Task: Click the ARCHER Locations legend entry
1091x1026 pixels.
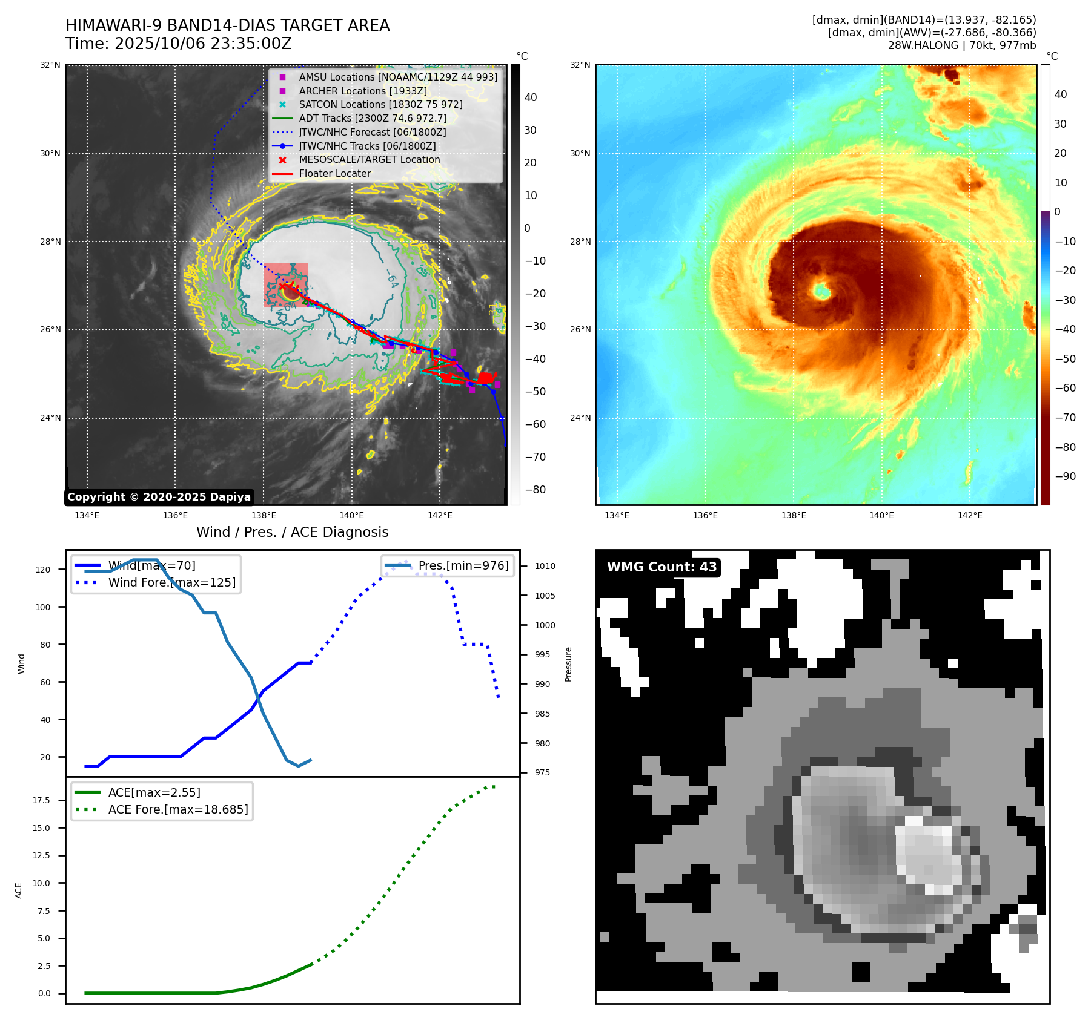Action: (362, 91)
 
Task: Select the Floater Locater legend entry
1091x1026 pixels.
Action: (334, 173)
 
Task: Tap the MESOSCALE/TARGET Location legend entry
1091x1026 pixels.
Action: (369, 159)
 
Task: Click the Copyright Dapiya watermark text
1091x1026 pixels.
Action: (159, 497)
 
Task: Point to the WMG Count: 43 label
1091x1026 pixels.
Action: (662, 567)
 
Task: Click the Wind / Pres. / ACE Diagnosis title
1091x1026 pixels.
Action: (292, 532)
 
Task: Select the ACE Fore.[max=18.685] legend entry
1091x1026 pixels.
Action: (177, 809)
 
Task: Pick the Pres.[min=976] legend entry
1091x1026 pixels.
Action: (463, 565)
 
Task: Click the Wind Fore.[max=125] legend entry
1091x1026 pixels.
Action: (171, 582)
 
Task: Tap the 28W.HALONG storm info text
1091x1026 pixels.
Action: (961, 45)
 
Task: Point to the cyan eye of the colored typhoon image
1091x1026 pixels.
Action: (822, 292)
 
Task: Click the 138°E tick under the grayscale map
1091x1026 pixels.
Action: (264, 515)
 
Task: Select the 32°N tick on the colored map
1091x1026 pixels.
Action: (580, 65)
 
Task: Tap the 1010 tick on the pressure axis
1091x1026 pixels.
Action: (545, 566)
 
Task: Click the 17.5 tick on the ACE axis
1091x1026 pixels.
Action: (41, 800)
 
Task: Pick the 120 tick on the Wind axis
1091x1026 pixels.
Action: (43, 570)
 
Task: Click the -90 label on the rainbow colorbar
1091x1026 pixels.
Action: (1065, 476)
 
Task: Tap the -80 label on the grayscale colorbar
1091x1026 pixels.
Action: (535, 490)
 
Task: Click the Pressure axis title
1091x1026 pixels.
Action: (568, 664)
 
